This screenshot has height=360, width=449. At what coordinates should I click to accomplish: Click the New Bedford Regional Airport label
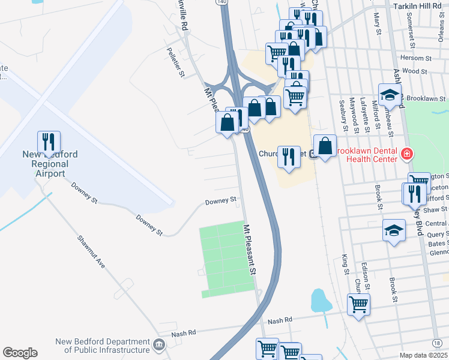50,164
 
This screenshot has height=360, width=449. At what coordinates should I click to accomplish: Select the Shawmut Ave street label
91,247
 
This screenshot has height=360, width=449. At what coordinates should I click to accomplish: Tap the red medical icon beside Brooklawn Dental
408,154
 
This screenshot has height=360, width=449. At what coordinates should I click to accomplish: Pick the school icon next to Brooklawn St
390,95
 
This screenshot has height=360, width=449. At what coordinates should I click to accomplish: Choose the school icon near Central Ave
393,230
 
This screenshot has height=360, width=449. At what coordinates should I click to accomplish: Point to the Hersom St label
415,59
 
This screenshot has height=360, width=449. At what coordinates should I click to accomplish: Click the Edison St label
364,273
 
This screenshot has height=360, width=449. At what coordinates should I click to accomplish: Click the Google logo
20,353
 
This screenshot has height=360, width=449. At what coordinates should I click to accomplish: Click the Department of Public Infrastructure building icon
158,344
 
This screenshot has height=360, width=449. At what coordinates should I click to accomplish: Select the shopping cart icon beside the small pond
358,304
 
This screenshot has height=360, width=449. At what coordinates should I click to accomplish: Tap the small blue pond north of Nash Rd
321,299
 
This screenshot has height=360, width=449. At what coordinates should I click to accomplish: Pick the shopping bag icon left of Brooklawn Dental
325,146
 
